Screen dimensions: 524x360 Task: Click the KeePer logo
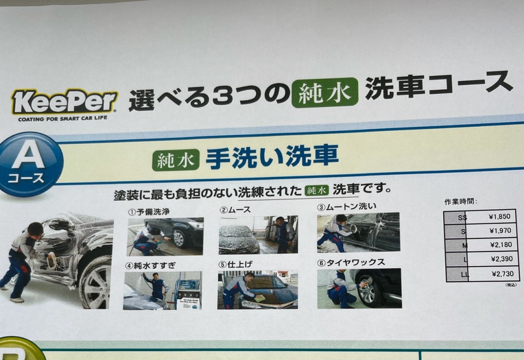coord(65,102)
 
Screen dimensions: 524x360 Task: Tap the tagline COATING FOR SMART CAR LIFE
coord(63,119)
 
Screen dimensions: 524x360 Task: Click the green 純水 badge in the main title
coord(325,93)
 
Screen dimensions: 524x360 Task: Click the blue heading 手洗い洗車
coord(272,156)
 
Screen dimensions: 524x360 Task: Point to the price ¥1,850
coord(500,217)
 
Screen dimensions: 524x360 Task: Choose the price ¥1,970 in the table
coord(500,231)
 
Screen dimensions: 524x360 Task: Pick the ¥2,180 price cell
coord(501,245)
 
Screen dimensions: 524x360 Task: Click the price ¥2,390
coord(502,259)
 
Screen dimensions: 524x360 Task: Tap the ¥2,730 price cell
coord(503,274)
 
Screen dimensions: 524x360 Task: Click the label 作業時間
coord(460,201)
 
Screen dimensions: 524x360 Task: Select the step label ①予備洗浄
coord(149,212)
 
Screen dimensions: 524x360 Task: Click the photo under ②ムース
coord(258,235)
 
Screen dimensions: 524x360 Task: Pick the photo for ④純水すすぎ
coord(162,290)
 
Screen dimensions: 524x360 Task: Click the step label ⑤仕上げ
coord(235,264)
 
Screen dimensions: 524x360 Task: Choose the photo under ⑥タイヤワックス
coord(359,288)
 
